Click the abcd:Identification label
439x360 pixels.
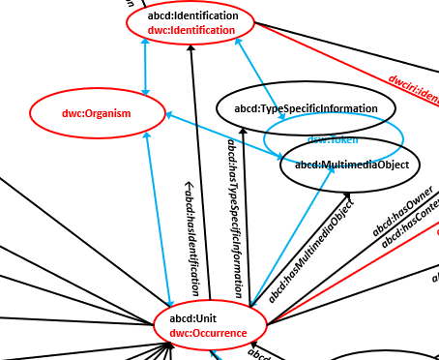[191, 16]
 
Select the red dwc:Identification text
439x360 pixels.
[191, 30]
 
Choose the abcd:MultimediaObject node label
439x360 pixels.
[352, 165]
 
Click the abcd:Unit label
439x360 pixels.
[193, 318]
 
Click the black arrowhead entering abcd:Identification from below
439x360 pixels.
[191, 49]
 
